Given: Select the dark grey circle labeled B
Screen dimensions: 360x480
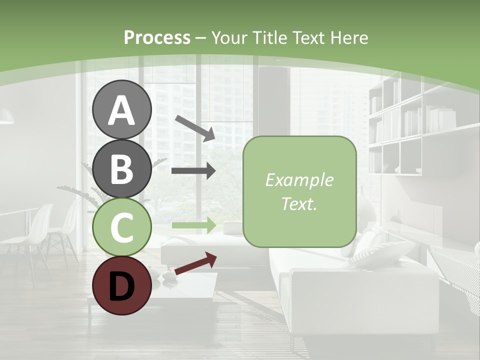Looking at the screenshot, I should coord(122,168).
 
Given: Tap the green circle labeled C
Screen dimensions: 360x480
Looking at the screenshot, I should coord(122,227).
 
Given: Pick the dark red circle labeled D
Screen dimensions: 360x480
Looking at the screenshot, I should coord(122,285).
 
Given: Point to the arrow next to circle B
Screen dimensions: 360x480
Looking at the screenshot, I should coord(193,171).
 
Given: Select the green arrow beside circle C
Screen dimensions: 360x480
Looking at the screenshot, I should coord(193,225).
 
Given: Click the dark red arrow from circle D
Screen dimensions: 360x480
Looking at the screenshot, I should coord(195,263).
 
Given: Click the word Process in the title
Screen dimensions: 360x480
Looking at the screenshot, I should coord(157,37).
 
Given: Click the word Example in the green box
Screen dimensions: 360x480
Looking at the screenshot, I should coord(299,180).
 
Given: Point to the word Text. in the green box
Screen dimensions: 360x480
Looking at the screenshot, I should coord(299,203).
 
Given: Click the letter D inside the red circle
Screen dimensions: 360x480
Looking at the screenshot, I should coord(122,286).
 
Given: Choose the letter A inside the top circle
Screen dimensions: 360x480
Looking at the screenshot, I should coord(122,110).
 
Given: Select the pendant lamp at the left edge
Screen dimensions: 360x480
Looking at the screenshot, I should coord(5,118).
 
